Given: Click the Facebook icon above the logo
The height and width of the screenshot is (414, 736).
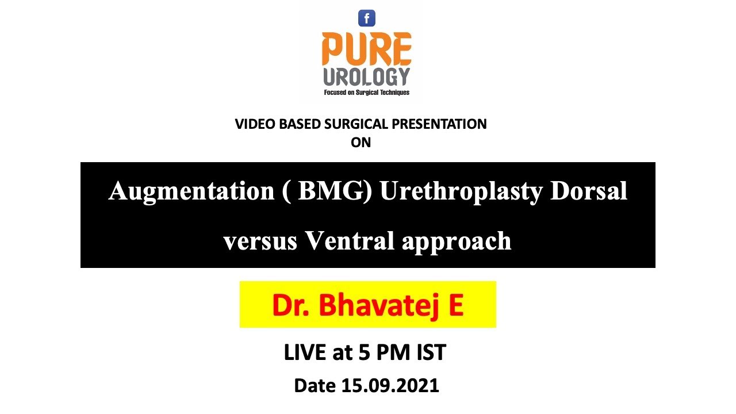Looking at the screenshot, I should click(367, 18).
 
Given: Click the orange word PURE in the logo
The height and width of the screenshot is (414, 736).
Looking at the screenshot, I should click(366, 49).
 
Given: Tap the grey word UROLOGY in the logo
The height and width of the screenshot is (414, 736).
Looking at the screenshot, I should click(366, 76).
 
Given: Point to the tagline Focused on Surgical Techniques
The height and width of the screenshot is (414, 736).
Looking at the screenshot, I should click(366, 92).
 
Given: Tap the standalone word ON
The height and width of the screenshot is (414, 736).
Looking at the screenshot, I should click(361, 143).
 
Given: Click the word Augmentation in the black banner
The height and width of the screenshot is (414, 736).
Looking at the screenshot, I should click(191, 191).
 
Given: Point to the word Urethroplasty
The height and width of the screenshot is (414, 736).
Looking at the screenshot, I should click(461, 191).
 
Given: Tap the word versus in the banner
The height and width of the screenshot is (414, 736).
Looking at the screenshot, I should click(260, 241).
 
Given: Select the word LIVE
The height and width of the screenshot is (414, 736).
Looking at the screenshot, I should click(305, 352).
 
